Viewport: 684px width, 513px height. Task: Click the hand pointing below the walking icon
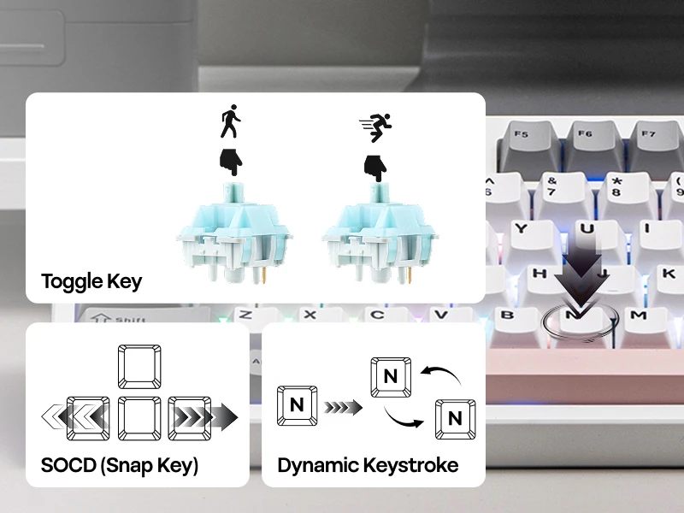(x=229, y=162)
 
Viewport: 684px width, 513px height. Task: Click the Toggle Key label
(x=91, y=280)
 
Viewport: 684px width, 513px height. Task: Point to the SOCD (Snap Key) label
(x=120, y=466)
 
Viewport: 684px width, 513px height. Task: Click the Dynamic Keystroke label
(x=368, y=466)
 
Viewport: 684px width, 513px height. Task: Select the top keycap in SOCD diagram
(x=138, y=367)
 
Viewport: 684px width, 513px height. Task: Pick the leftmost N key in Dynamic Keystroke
(x=297, y=405)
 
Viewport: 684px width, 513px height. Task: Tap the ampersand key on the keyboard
(x=552, y=186)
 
